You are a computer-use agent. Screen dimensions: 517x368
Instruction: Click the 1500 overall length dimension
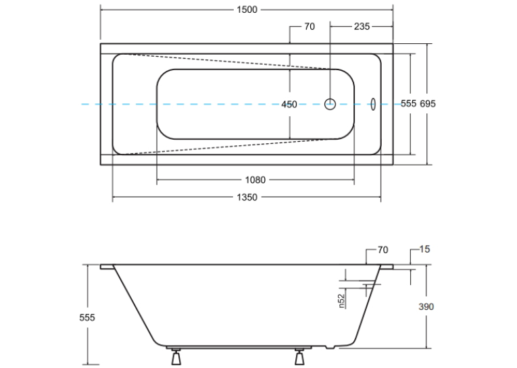pos(247,9)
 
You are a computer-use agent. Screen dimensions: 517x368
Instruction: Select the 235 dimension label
pos(362,26)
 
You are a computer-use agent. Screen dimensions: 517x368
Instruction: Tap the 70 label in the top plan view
pos(310,26)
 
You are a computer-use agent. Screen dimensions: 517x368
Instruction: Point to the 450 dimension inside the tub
pos(289,105)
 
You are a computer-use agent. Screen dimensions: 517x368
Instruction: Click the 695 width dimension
pos(428,103)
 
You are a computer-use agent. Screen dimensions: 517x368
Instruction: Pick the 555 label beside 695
pos(408,103)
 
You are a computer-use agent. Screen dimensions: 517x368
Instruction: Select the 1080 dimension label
pos(255,180)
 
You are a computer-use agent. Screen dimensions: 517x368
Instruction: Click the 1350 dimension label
pos(247,197)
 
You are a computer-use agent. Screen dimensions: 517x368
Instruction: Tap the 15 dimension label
pos(424,249)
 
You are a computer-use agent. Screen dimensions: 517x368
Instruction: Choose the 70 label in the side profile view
pos(383,250)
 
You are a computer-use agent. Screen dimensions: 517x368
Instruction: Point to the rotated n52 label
pos(341,300)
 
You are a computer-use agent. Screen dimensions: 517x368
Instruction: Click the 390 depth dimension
pos(426,307)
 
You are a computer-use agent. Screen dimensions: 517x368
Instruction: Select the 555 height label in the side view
pos(87,317)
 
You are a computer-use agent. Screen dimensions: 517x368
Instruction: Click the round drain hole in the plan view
pos(330,104)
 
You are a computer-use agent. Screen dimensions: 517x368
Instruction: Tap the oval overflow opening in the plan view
pos(373,104)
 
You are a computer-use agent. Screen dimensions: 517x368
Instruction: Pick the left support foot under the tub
pos(176,356)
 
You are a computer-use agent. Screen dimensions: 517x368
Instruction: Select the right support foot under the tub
pos(299,356)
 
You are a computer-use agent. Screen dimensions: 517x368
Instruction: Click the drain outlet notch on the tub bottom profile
pos(330,347)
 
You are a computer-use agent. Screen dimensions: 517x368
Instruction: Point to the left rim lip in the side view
pos(107,267)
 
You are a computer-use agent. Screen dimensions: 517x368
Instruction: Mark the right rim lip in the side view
pos(387,267)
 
